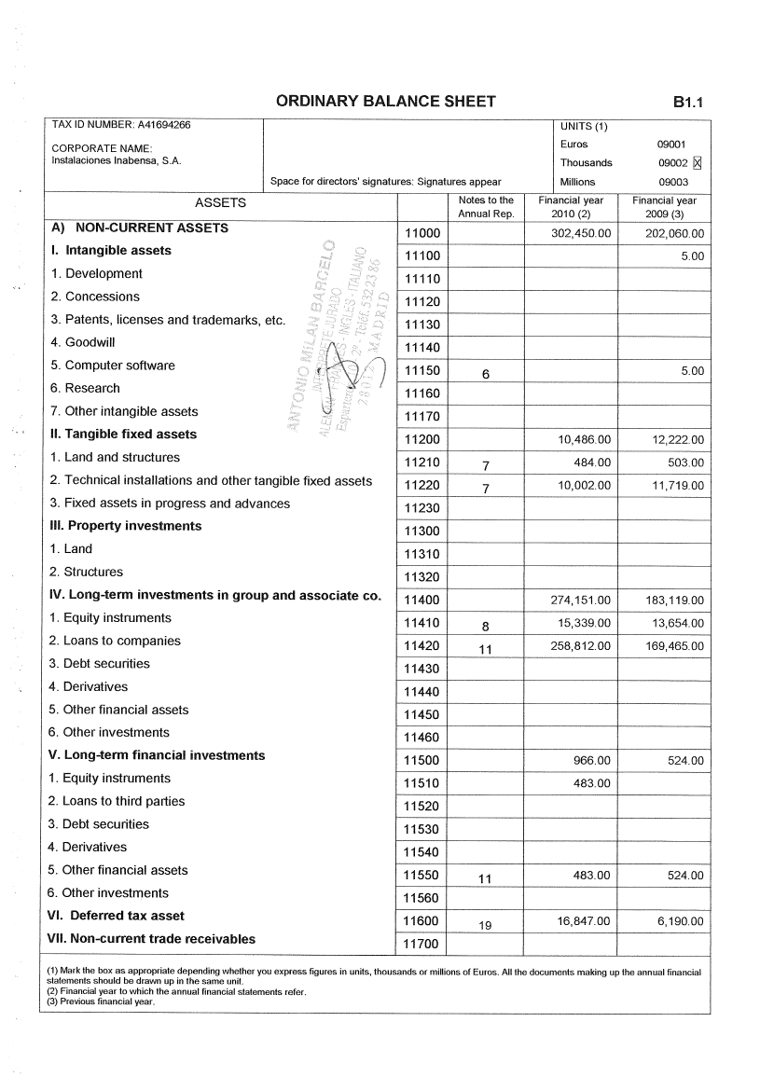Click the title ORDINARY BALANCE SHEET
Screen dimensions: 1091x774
click(x=385, y=102)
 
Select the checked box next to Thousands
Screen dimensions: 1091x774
click(x=697, y=163)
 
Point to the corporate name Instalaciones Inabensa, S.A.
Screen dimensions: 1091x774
click(x=117, y=160)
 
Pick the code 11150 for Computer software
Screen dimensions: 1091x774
click(x=422, y=371)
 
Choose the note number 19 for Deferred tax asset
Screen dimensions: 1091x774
click(x=485, y=926)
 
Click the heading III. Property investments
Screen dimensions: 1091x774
click(x=125, y=526)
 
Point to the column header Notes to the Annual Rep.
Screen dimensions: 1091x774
click(x=485, y=207)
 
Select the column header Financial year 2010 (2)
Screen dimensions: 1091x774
click(x=571, y=207)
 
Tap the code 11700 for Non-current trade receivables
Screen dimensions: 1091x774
click(x=422, y=945)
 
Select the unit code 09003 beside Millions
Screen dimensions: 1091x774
click(x=673, y=182)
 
